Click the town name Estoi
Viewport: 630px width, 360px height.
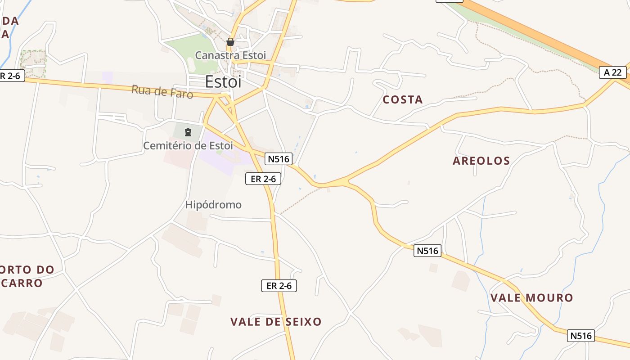[223, 82]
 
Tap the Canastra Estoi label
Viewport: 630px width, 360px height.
[230, 55]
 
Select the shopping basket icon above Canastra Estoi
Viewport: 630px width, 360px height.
[230, 42]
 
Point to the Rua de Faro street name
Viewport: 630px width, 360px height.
[162, 92]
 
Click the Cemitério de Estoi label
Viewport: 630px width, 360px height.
[188, 146]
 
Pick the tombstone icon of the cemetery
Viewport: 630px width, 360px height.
[188, 132]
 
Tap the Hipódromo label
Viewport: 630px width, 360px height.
[213, 205]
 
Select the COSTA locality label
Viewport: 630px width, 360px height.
[403, 100]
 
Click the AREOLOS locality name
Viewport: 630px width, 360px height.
[481, 161]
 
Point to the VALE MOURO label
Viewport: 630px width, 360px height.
[531, 298]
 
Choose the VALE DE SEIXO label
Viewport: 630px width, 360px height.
[276, 322]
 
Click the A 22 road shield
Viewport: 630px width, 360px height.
[613, 72]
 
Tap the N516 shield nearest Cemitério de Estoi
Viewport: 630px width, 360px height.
[279, 158]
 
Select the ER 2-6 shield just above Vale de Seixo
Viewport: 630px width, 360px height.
[279, 285]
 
